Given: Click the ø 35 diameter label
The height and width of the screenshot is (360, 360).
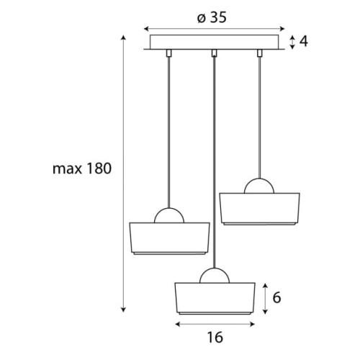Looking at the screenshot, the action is coord(212,18).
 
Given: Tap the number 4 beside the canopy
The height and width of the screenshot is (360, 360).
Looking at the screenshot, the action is coord(304,41).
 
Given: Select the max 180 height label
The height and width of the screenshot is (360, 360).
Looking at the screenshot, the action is coord(82,168).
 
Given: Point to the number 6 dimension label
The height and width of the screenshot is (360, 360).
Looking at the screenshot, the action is coord(276,298).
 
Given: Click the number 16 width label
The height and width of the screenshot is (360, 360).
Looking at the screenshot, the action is coord(215,337).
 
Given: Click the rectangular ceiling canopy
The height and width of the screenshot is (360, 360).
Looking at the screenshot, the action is coord(215,42).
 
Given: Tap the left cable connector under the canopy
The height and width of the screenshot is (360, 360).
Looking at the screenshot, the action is coord(169,53).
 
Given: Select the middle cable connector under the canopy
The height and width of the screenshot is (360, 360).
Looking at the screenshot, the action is coord(215,53).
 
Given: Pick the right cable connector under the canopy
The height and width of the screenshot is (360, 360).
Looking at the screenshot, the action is coord(259,53).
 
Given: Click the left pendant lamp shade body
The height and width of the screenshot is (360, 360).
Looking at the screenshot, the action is coord(169,238).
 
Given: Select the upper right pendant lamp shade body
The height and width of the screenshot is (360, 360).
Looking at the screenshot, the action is coord(259,209).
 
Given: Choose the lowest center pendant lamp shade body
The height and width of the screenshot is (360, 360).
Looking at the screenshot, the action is coord(215,299).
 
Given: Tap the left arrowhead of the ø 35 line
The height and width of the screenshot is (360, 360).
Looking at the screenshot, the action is coord(145,29).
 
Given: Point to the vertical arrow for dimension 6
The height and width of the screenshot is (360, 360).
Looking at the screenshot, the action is coord(265,299).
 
